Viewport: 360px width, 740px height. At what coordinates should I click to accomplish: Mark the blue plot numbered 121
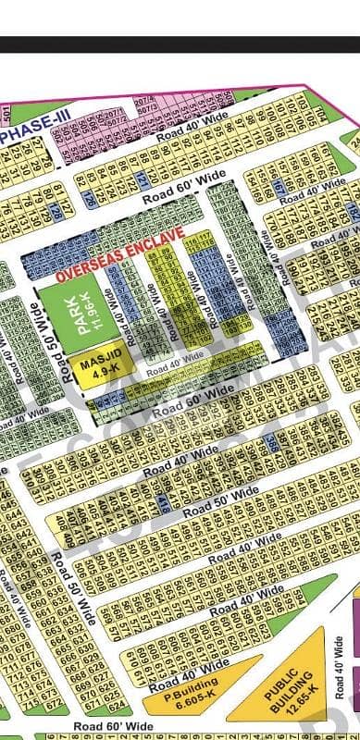[142, 179]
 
